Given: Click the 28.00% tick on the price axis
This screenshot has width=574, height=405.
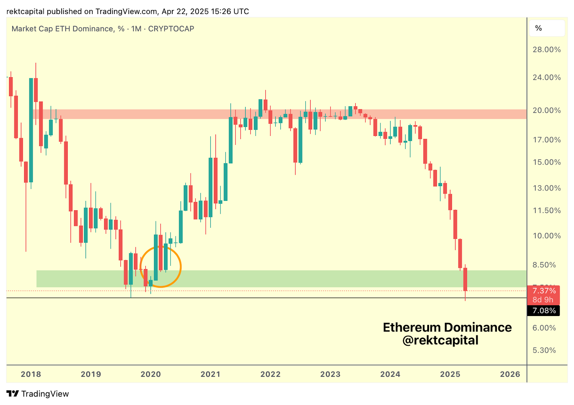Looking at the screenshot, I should (x=546, y=50).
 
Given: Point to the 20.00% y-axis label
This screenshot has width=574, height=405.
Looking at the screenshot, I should (x=546, y=110).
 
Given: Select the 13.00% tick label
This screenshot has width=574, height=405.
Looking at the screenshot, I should (x=546, y=188).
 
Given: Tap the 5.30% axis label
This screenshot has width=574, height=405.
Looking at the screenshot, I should (x=544, y=350).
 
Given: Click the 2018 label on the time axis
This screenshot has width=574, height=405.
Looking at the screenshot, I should (x=31, y=374).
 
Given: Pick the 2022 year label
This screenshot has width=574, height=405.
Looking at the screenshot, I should (x=270, y=374).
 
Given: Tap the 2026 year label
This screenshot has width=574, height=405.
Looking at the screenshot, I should (x=510, y=374).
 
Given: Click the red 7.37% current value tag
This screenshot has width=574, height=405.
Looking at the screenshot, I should (x=544, y=291).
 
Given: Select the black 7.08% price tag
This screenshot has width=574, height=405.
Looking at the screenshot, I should (x=544, y=311).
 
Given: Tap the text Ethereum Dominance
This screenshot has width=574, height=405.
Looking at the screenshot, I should (x=447, y=327).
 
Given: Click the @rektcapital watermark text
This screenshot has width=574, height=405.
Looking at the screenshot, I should (x=440, y=340).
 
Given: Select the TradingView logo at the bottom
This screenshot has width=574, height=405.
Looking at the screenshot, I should (x=38, y=394).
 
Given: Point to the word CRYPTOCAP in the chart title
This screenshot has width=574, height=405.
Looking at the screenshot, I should (x=171, y=29).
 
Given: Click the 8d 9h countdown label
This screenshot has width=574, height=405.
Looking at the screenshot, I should (x=543, y=300).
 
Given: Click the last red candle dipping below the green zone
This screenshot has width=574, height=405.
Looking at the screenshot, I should (x=465, y=280).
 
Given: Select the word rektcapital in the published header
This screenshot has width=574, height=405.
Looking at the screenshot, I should (x=25, y=11).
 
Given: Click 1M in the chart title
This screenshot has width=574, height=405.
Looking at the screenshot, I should (x=136, y=29).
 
